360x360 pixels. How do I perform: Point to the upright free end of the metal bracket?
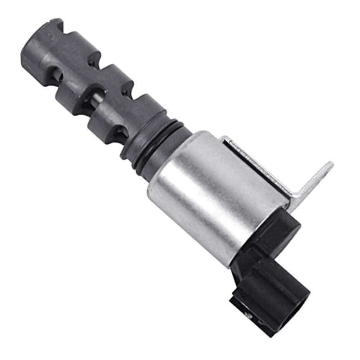tap(322, 173)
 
